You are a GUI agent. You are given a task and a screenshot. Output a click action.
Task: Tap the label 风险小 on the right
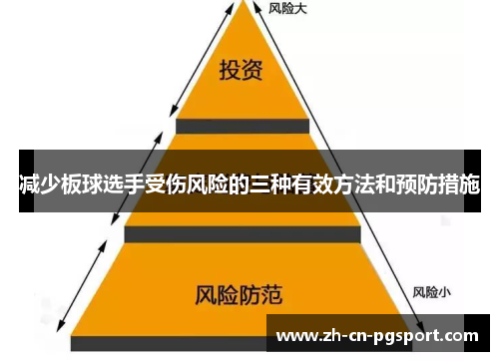click(432, 292)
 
